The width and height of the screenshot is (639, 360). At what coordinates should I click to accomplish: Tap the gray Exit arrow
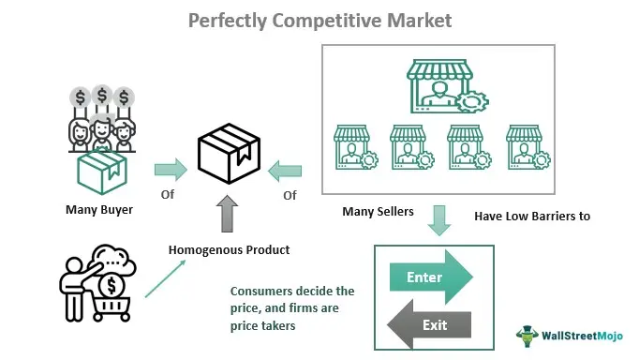tap(429, 324)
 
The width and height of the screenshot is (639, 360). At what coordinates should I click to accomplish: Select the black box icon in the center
tap(229, 154)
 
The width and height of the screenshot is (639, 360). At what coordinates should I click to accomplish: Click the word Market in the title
tap(420, 21)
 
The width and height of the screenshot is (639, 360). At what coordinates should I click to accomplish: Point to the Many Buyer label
tap(99, 210)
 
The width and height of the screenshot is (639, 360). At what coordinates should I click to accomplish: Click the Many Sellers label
tap(378, 212)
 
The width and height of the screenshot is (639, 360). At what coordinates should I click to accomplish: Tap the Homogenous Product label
tap(229, 250)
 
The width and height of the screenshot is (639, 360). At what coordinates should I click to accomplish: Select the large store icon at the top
tap(447, 86)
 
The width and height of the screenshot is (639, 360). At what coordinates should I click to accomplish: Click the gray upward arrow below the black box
tap(227, 214)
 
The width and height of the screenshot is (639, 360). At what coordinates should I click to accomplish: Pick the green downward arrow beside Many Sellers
tap(438, 220)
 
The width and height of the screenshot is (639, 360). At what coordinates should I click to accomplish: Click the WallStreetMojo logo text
tap(582, 336)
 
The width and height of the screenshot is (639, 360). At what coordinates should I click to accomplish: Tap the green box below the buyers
tap(102, 172)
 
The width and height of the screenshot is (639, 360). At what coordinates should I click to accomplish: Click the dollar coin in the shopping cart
tap(111, 286)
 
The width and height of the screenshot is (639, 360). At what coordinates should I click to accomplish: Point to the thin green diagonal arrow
tap(165, 278)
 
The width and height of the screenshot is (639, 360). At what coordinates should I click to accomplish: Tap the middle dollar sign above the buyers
tap(102, 96)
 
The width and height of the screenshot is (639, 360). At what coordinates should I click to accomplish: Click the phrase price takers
tap(263, 326)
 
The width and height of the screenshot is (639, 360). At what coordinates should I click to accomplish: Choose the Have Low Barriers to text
tap(532, 216)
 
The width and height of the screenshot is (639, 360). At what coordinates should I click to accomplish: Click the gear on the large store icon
tap(472, 102)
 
